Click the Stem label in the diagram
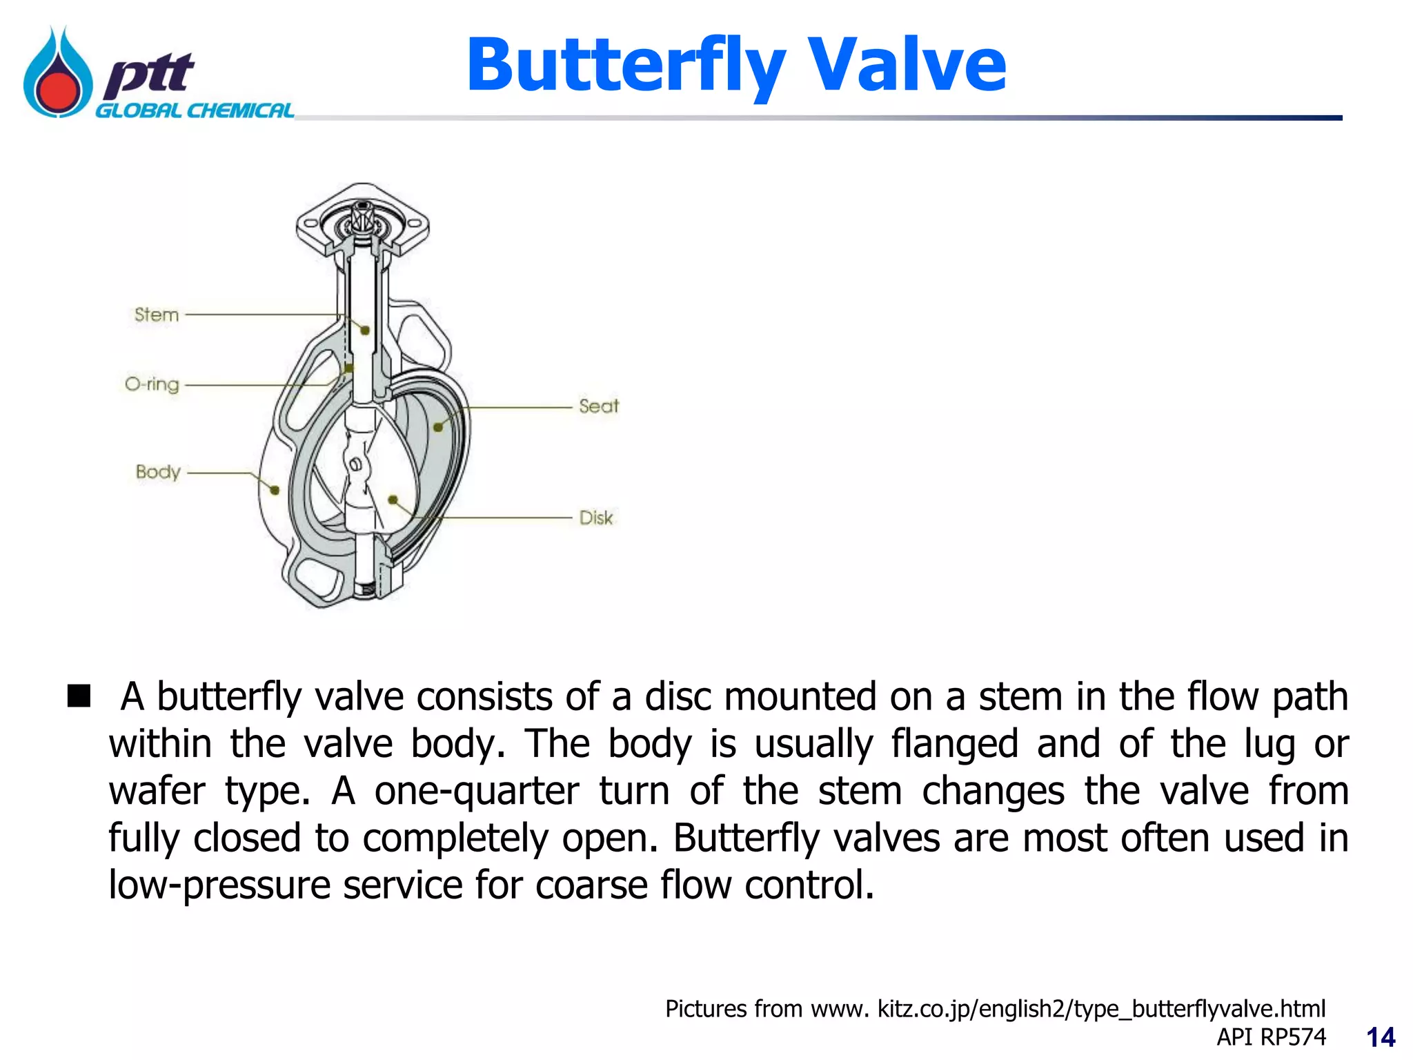point(157,315)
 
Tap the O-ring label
point(152,384)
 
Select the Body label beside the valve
point(158,472)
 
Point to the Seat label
point(598,406)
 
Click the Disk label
point(595,518)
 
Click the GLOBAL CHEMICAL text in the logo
point(194,111)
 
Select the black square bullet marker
point(79,696)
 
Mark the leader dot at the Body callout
point(275,490)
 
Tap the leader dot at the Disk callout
point(393,499)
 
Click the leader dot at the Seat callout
point(438,427)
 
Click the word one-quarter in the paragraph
point(477,791)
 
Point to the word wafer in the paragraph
point(157,791)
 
